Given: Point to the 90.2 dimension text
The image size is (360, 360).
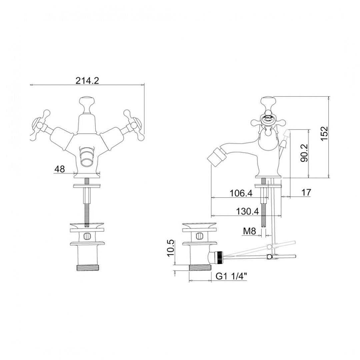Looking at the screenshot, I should pos(304,153).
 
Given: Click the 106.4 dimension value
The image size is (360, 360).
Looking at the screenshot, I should pos(241,193).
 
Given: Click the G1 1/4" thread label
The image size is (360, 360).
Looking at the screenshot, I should pos(231,276).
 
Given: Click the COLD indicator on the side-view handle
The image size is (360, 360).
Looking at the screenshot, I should pos(268,118).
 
